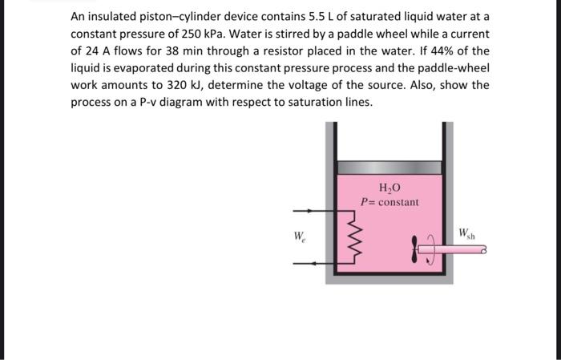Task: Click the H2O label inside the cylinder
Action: [389, 188]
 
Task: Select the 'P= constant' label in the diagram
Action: [389, 202]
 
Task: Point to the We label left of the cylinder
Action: [299, 237]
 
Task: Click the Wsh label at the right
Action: [467, 234]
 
